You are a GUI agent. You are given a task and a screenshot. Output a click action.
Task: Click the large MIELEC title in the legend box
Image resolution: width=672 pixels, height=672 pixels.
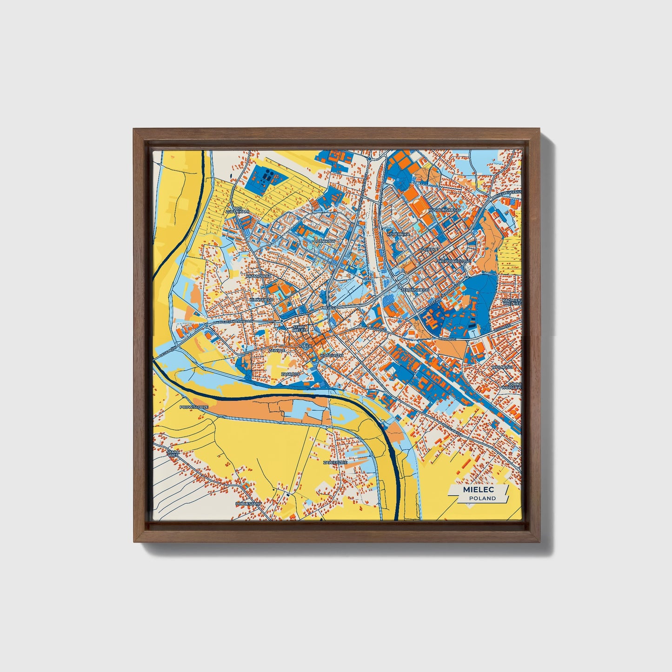click(478, 490)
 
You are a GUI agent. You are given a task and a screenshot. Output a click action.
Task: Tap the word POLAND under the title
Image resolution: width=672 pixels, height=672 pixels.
click(482, 499)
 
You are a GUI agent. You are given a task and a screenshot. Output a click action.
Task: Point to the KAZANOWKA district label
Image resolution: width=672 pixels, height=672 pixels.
click(258, 276)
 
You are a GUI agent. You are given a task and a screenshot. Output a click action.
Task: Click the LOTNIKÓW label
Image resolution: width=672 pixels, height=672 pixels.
click(324, 242)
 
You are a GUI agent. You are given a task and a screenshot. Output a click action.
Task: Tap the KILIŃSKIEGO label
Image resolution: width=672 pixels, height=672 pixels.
click(262, 300)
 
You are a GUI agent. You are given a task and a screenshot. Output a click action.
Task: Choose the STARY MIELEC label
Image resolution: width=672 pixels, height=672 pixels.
click(299, 329)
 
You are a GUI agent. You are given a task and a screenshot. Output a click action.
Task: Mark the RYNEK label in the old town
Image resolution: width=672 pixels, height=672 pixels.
click(305, 346)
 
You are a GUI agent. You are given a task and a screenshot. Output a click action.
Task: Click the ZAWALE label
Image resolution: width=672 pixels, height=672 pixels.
click(277, 350)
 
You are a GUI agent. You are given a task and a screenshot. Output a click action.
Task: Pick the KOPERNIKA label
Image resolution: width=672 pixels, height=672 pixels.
click(398, 234)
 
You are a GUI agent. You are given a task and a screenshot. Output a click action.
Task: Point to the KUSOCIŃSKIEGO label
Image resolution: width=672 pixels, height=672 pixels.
click(445, 210)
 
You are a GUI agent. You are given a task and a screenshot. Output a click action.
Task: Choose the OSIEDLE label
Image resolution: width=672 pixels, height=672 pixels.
click(430, 249)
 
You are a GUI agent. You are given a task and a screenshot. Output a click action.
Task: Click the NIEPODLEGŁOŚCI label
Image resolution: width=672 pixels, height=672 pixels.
click(455, 261)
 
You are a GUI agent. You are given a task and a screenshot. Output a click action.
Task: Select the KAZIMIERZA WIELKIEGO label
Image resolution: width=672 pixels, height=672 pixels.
click(512, 302)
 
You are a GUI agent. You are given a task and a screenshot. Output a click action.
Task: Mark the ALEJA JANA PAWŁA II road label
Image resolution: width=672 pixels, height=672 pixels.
click(231, 321)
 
